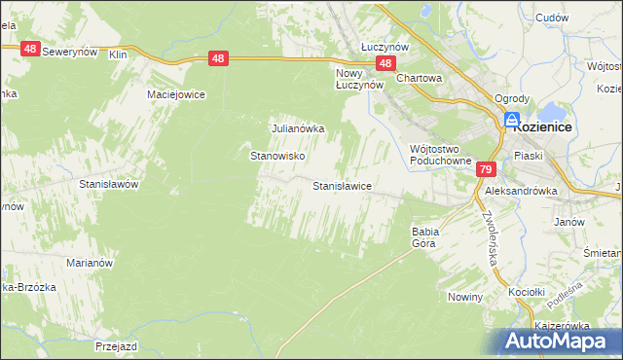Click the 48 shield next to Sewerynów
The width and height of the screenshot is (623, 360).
click(29, 49)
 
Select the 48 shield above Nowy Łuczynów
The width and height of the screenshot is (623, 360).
click(386, 64)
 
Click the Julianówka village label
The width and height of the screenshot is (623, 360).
click(297, 127)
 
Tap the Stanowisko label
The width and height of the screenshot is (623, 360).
click(279, 156)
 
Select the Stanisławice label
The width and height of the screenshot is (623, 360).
click(341, 185)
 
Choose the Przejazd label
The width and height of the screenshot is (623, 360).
click(115, 345)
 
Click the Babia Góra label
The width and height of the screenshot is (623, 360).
click(426, 237)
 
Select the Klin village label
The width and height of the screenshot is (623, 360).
click(119, 55)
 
